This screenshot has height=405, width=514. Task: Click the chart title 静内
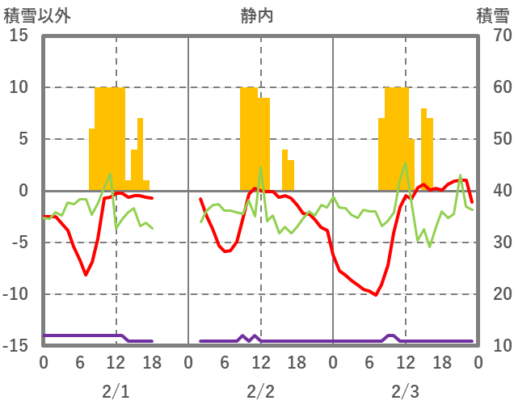257,15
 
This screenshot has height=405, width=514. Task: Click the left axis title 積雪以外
33,15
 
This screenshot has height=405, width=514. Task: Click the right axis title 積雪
491,15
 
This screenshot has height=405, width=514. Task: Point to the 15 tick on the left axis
19,36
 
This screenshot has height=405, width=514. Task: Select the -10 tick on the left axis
16,294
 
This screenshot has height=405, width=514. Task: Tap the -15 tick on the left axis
16,346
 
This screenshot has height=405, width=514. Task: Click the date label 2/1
116,392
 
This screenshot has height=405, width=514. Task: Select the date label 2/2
260,392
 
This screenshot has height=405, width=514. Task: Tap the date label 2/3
405,392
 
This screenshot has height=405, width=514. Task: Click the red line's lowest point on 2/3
376,295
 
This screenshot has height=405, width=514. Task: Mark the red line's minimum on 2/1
86,275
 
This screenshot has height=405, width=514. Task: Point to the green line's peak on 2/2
260,167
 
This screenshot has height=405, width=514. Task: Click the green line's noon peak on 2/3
405,162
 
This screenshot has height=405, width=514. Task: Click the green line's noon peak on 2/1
110,173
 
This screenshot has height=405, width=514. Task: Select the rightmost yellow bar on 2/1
146,185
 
